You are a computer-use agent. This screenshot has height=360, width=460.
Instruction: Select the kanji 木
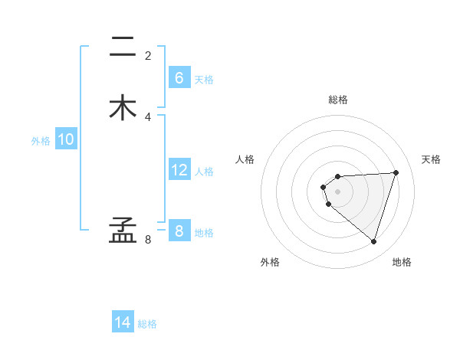click(123, 107)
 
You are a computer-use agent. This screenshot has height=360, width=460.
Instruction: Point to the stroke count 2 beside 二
click(148, 55)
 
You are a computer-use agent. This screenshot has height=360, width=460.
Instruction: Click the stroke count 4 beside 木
click(148, 116)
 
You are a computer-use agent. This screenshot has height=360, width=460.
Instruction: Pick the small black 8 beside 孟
click(148, 240)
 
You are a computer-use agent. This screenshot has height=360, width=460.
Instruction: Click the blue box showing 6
click(179, 77)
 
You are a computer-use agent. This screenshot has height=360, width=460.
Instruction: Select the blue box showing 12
click(179, 170)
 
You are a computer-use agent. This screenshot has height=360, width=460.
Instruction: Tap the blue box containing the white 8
click(179, 231)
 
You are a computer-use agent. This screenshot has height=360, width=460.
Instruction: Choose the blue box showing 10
click(66, 139)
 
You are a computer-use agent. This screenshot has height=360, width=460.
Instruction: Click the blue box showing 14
click(123, 322)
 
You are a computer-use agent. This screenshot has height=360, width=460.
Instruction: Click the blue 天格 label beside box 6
click(204, 80)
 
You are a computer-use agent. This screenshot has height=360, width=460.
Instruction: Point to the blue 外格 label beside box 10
click(41, 141)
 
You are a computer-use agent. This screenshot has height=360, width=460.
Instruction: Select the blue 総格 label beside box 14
click(147, 324)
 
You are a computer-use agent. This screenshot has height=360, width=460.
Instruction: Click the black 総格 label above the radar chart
click(338, 100)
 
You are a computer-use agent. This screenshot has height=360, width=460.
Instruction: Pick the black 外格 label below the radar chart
click(270, 263)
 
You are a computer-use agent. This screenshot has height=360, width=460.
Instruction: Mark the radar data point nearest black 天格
click(396, 172)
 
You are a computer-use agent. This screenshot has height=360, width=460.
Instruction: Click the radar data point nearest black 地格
click(373, 242)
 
